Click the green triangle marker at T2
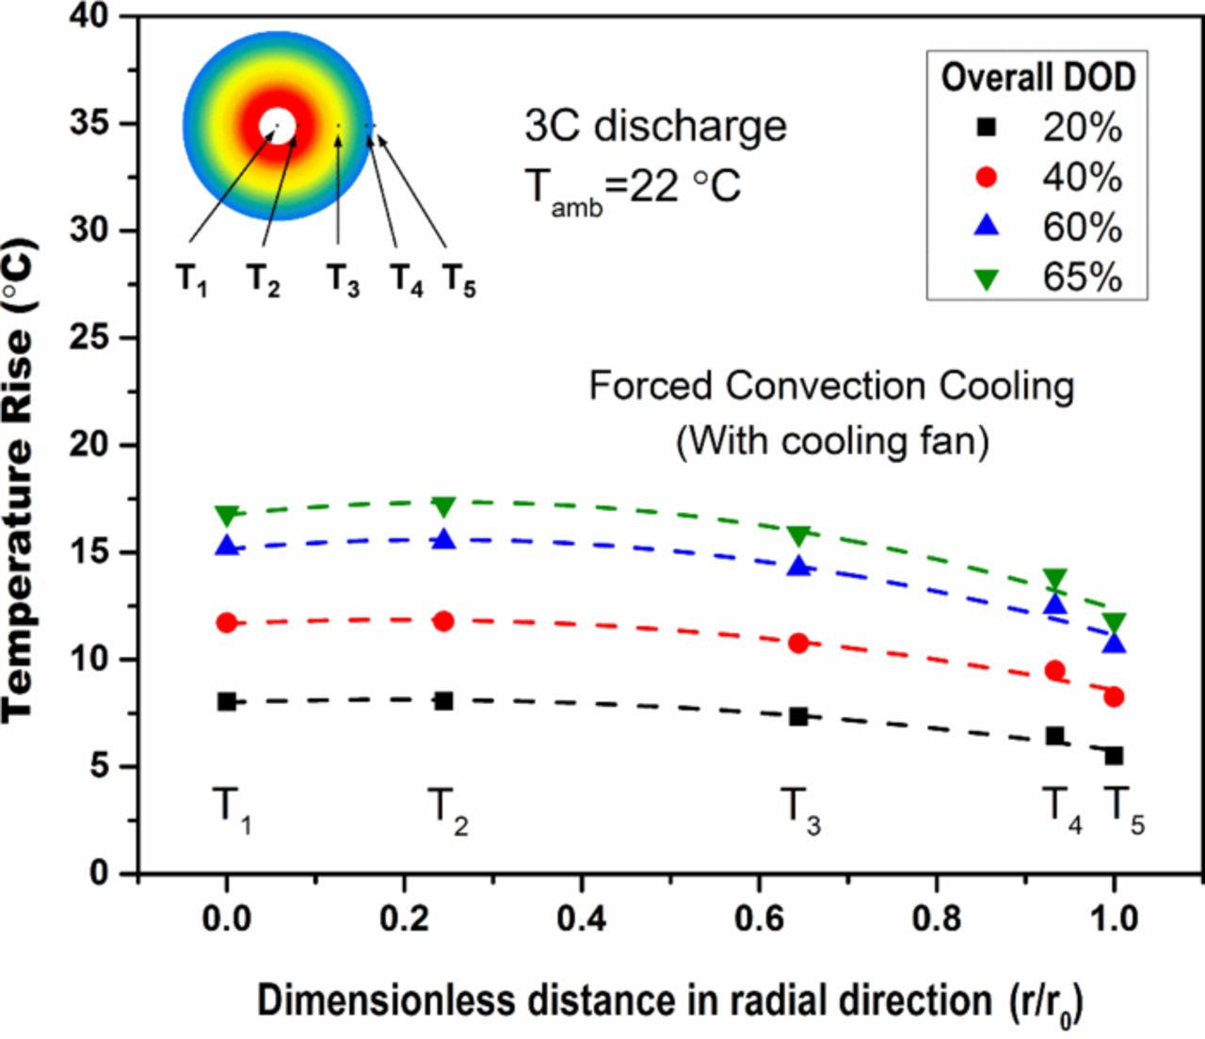pos(443,506)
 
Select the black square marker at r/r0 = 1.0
pos(1114,756)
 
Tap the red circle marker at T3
pos(798,643)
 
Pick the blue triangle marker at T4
pos(1055,604)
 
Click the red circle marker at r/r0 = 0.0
pos(227,622)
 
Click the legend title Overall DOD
pos(1037,77)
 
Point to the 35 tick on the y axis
pos(88,123)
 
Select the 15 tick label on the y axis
pos(88,551)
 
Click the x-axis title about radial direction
pos(668,1001)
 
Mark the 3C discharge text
pos(655,126)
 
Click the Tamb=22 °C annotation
pos(633,186)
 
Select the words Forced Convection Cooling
pos(831,386)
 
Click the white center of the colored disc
pos(278,125)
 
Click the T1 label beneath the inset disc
pos(191,280)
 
